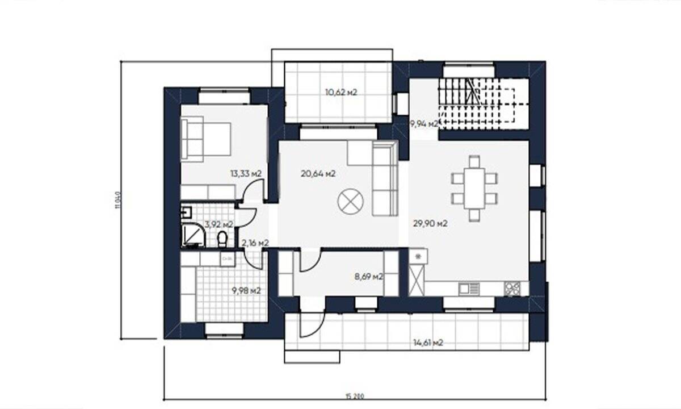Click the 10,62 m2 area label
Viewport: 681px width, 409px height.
(x=340, y=92)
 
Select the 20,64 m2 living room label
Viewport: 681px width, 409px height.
(x=318, y=173)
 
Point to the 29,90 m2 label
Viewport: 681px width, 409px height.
(x=430, y=223)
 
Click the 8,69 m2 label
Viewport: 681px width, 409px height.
(x=368, y=277)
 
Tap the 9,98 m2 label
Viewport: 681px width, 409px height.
(x=246, y=290)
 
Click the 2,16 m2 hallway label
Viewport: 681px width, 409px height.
(x=255, y=243)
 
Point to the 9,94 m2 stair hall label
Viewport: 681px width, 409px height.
(x=424, y=123)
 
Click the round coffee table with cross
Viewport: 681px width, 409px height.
(x=350, y=202)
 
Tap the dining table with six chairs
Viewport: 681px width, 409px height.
(x=474, y=187)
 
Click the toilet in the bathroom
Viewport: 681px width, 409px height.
(x=222, y=239)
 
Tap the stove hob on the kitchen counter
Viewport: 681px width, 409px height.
(x=512, y=288)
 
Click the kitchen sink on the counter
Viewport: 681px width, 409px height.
(x=469, y=289)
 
